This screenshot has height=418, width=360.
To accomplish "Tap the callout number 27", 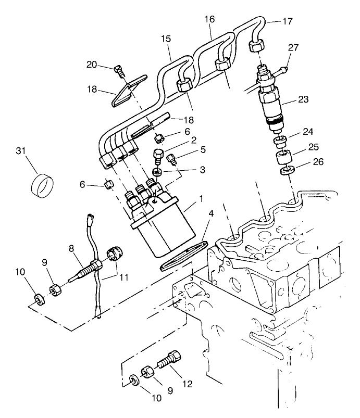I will pos(294,47).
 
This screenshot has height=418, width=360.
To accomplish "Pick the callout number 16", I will pos(209,19).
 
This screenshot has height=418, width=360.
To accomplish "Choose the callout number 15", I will pos(166,40).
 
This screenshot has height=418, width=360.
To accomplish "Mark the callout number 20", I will pos(92,64).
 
